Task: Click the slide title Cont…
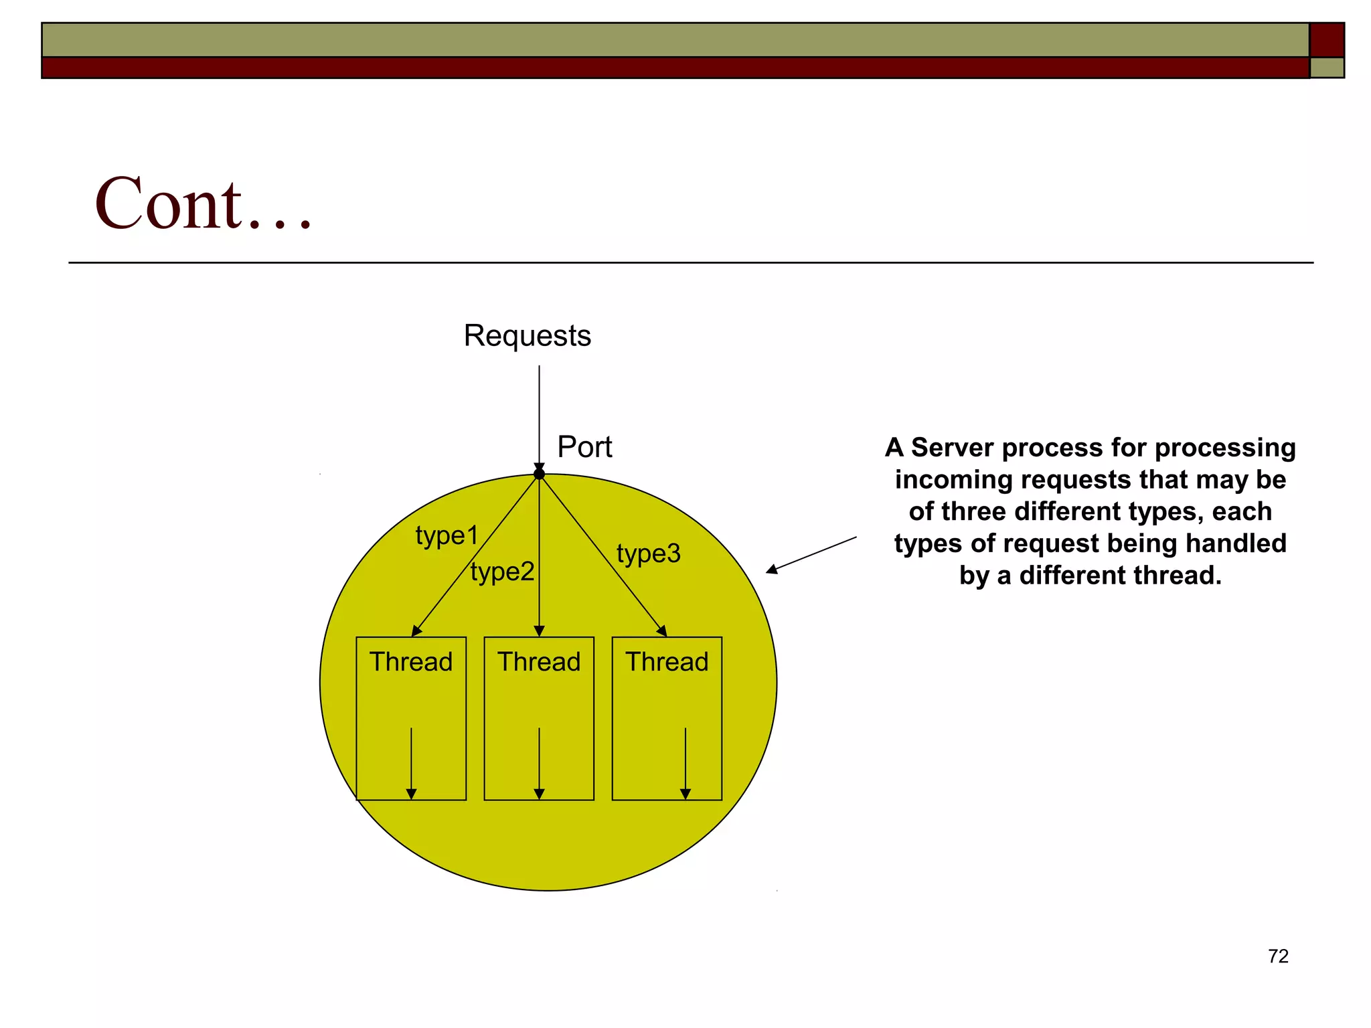[x=204, y=203]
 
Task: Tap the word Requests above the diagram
[x=527, y=335]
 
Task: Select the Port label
[x=584, y=447]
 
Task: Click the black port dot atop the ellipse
[x=539, y=474]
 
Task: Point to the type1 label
[x=447, y=535]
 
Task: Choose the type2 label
[x=502, y=572]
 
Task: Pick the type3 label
[x=648, y=553]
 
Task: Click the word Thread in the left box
[x=411, y=662]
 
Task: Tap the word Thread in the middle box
[x=539, y=662]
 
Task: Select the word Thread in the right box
[x=667, y=662]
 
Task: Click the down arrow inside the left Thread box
[x=411, y=763]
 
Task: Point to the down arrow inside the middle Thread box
[x=539, y=763]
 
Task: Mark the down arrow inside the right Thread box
[x=685, y=763]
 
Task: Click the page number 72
[x=1278, y=956]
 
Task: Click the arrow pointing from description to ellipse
[x=811, y=555]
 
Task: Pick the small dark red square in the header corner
[x=1327, y=39]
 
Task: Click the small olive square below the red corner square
[x=1327, y=68]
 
